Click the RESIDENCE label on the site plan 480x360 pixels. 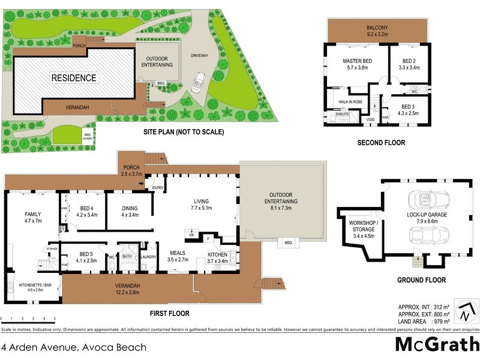click(x=73, y=78)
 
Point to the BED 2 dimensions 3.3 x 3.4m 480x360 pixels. click(x=409, y=68)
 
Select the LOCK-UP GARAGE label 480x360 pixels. click(x=427, y=215)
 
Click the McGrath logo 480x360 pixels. click(x=436, y=344)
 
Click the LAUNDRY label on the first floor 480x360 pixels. click(x=148, y=257)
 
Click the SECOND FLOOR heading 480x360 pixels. click(x=381, y=143)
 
